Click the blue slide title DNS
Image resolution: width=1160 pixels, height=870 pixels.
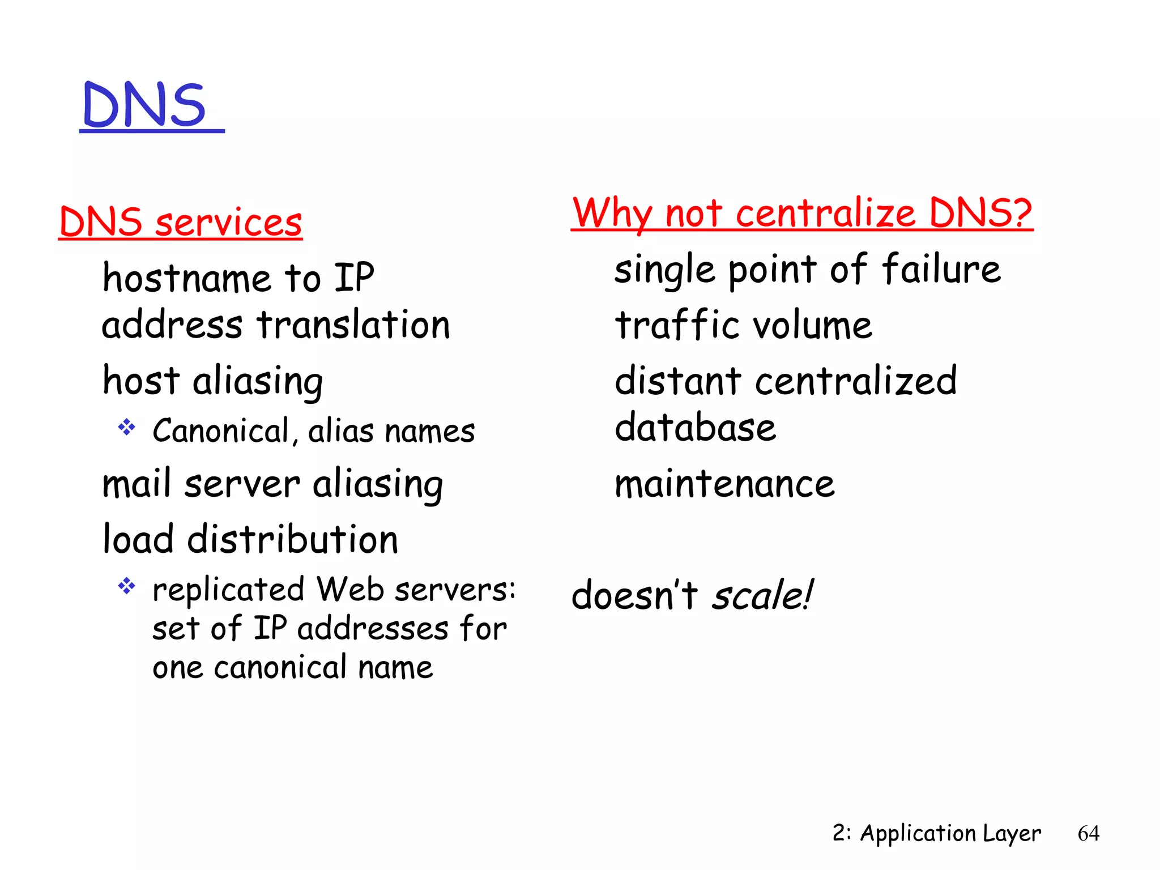[145, 105]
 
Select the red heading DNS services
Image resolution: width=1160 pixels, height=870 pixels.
[181, 222]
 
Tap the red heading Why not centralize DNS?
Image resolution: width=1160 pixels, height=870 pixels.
[802, 213]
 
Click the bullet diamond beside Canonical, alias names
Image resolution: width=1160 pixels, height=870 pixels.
[126, 427]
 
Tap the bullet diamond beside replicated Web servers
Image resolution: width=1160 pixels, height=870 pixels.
[126, 586]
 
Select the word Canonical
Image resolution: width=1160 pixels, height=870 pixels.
[221, 430]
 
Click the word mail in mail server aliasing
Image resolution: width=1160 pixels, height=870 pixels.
[137, 484]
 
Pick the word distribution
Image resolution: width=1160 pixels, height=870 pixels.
[293, 539]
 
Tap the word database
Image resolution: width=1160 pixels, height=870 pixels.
[696, 428]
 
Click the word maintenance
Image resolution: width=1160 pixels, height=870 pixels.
[725, 485]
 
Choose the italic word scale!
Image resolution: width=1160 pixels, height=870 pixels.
[762, 596]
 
